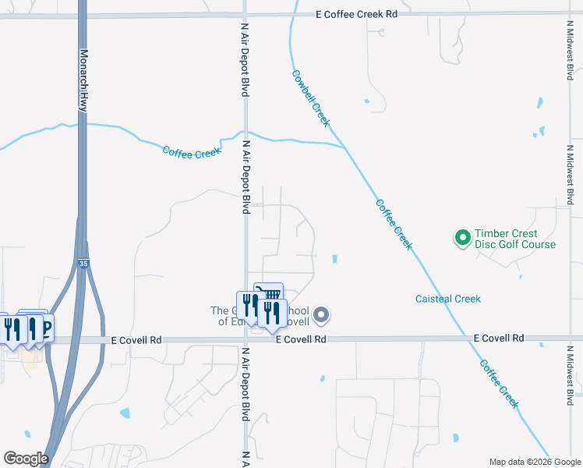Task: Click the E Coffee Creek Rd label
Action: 357,14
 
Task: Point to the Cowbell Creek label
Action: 311,99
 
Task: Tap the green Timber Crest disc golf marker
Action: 462,236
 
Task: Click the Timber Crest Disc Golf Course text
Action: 515,239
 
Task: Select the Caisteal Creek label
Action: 447,299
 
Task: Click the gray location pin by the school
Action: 322,315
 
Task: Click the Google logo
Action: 26,459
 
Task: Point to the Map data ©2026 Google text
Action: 534,462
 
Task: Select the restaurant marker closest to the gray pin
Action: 272,314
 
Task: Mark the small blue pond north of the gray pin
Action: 334,259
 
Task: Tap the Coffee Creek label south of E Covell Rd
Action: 498,383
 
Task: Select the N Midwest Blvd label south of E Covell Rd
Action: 570,374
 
